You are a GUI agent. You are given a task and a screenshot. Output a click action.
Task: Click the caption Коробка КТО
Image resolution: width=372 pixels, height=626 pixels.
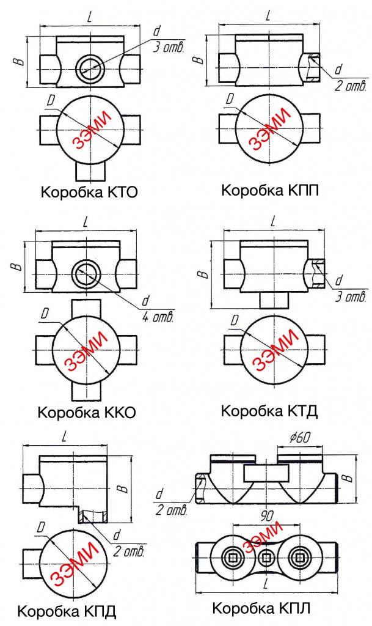[x=89, y=193]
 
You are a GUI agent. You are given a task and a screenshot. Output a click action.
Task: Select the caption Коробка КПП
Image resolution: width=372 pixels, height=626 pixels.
[x=270, y=191]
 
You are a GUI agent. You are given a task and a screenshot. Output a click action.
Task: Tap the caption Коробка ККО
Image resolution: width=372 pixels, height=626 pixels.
[x=86, y=412]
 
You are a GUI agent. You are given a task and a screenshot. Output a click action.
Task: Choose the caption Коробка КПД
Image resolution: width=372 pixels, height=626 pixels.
[x=67, y=611]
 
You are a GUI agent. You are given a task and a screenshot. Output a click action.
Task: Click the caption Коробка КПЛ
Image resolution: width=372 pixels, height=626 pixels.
[x=262, y=609]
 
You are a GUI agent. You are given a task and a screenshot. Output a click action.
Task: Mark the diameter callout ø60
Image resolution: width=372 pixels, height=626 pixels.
[x=299, y=438]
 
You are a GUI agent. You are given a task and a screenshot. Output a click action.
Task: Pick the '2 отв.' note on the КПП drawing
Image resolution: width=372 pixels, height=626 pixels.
[x=350, y=87]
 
